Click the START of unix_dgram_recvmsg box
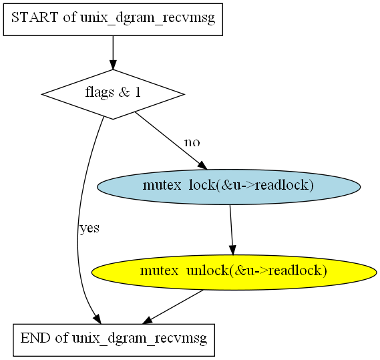(x=113, y=19)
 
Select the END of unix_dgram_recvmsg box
(x=114, y=340)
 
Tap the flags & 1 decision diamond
(x=113, y=94)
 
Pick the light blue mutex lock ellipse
(x=229, y=187)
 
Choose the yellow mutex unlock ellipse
(x=234, y=273)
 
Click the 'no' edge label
(x=192, y=142)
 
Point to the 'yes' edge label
(x=89, y=228)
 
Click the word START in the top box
(x=35, y=17)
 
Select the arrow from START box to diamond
(x=113, y=53)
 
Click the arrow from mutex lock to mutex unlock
(x=232, y=230)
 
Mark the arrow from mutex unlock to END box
(x=172, y=307)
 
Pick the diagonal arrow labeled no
(x=170, y=141)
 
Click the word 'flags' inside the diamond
(x=100, y=93)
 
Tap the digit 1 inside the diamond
(x=138, y=92)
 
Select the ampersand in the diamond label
(x=124, y=92)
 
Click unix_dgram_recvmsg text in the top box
(x=148, y=18)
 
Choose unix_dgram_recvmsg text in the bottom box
(x=140, y=339)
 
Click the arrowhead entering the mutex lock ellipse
(x=202, y=166)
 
